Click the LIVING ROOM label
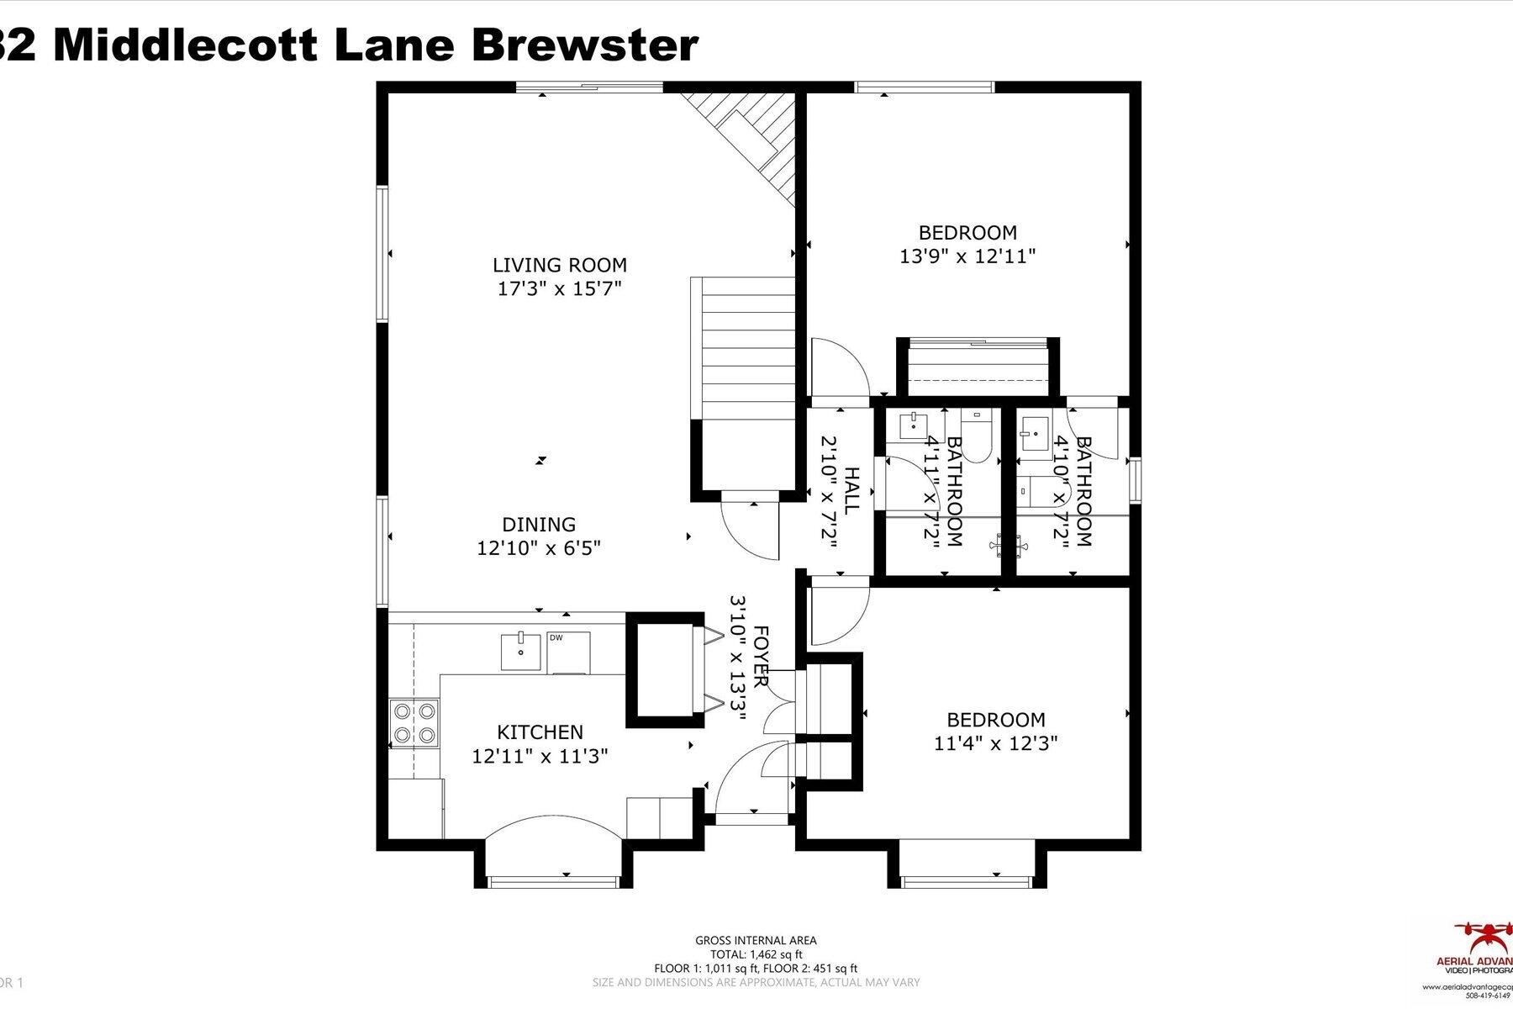pos(559,265)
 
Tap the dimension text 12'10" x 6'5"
pos(539,548)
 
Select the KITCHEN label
pos(540,732)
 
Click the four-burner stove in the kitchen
pos(415,722)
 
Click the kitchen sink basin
pos(521,651)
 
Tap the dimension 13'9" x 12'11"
pos(967,256)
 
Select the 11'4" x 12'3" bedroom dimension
pos(995,743)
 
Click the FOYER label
pos(761,656)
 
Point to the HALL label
pos(851,491)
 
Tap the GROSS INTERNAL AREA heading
pos(756,941)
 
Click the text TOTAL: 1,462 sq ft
pos(756,954)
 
